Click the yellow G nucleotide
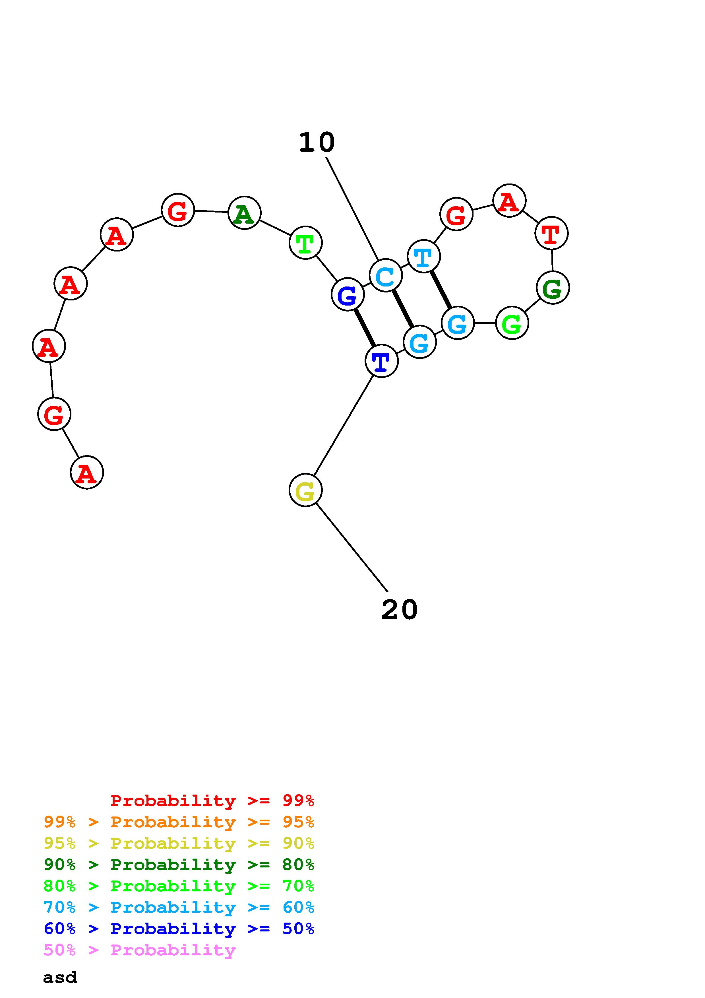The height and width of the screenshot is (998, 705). (x=305, y=490)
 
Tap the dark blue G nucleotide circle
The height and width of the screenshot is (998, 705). (x=348, y=295)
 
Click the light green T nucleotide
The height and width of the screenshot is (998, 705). (x=305, y=243)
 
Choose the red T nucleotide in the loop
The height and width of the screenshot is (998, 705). (x=551, y=233)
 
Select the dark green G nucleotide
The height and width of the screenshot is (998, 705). (x=553, y=288)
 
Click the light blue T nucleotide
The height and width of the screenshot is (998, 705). (x=423, y=256)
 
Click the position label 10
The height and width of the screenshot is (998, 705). (x=317, y=143)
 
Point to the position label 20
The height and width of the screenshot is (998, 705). (x=399, y=609)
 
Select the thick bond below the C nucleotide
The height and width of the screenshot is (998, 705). (x=403, y=309)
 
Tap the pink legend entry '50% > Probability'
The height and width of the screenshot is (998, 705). (x=139, y=950)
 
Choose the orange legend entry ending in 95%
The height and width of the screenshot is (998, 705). (x=179, y=822)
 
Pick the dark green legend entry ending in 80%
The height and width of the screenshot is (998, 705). (x=179, y=865)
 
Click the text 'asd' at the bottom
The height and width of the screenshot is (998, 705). (x=60, y=978)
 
